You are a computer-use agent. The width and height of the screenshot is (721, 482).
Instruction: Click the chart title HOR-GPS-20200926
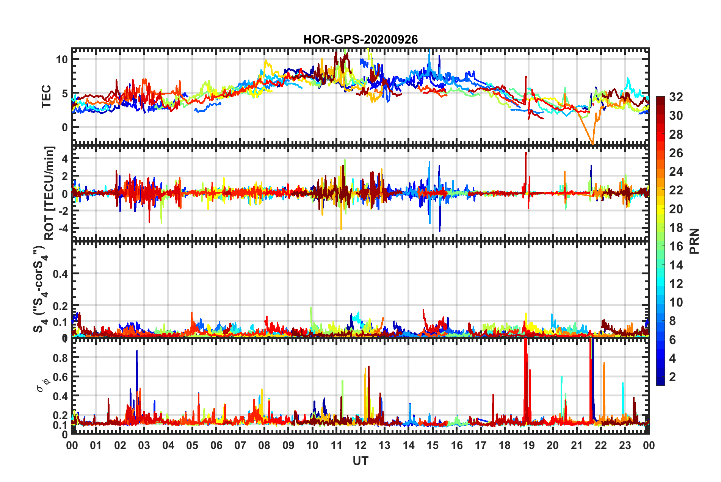360,39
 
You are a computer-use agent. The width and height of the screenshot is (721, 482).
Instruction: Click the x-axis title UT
360,461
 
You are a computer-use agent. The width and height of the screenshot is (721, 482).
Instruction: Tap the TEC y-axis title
46,97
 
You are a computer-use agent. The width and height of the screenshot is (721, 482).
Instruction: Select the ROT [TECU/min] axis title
49,193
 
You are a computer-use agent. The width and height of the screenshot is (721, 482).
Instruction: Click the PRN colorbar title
694,241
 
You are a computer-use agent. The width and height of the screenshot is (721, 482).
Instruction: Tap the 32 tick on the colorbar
676,97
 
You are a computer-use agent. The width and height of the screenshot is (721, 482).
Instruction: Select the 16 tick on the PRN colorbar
676,246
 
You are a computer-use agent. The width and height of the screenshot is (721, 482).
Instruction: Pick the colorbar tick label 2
672,377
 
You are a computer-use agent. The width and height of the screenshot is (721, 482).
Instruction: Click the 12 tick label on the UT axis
360,445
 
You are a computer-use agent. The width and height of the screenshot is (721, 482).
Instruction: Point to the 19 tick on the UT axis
529,445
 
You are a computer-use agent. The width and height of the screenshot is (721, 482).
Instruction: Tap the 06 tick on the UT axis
216,445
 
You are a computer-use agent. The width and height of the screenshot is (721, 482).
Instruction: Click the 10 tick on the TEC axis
62,59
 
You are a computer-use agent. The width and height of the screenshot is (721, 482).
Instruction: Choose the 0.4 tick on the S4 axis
60,274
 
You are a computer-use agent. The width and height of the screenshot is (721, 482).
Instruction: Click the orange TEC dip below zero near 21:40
592,142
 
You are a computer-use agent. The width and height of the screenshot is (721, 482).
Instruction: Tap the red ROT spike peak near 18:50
526,153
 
